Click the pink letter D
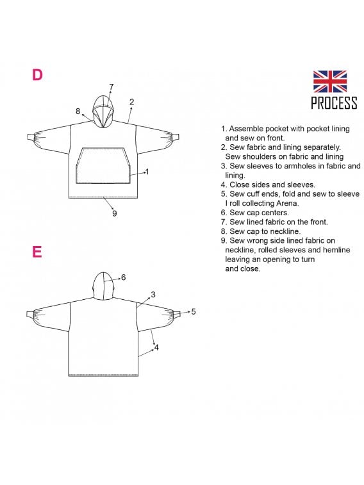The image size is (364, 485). pos(37,75)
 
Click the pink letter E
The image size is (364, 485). pos(37,252)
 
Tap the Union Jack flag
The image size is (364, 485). pos(330,81)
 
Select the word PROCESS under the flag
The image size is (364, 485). pos(334,103)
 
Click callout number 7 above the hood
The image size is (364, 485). pos(112,87)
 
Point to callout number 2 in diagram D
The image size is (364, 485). pos(132,102)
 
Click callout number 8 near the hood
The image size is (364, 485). pos(78,111)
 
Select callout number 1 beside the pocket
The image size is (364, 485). pos(147,172)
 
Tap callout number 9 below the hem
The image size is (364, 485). pos(115,213)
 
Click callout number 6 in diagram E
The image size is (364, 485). pos(124,277)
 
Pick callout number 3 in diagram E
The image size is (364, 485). pos(153,295)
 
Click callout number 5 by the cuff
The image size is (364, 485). pos(194,312)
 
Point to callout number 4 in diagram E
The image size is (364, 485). pos(156,348)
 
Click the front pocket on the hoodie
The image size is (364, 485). pos(103,165)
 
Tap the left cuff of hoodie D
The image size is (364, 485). pos(30,137)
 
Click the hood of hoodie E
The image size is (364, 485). pos(104,286)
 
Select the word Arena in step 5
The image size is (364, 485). pos(288,203)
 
